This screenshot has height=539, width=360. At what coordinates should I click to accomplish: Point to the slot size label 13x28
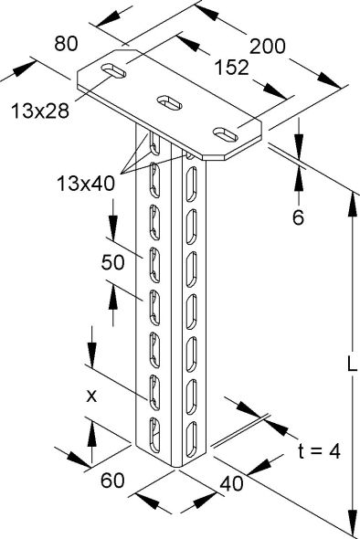[x=41, y=111]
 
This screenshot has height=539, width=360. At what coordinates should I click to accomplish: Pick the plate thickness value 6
[x=298, y=218]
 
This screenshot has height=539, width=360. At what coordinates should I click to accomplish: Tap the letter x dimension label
[x=91, y=396]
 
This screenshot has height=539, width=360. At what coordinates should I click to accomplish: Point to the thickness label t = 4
[x=320, y=450]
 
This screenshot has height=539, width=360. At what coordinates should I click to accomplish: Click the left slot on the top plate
[x=113, y=71]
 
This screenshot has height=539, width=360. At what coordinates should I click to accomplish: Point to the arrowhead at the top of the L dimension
[x=351, y=197]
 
